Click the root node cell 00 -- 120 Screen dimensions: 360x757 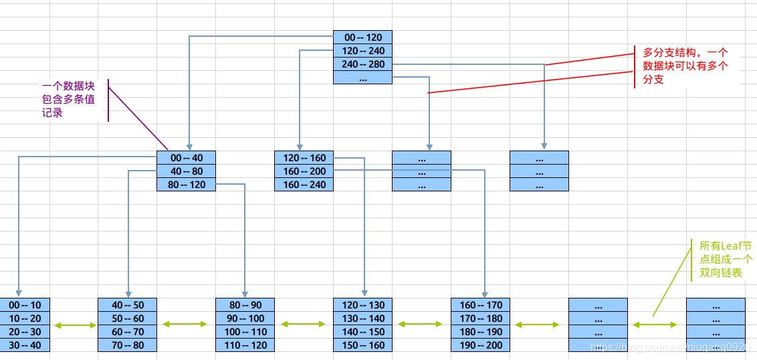pos(362,37)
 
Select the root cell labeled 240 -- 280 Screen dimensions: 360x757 pos(362,64)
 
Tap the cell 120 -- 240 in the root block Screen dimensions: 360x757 pos(362,51)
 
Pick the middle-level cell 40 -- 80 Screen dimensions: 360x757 pos(186,171)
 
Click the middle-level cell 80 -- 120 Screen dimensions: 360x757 pos(186,185)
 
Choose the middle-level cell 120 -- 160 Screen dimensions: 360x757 pos(304,158)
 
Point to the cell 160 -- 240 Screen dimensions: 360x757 pos(304,185)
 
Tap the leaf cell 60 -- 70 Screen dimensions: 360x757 pos(127,332)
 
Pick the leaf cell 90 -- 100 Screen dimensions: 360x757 pos(245,319)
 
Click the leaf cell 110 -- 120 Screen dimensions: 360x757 pos(245,345)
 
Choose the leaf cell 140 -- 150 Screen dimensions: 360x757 pos(362,332)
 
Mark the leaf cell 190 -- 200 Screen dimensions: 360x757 pos(480,345)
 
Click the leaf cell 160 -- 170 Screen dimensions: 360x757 pos(480,305)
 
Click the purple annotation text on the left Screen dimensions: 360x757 pos(68,100)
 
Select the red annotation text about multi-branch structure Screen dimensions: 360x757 pos(684,66)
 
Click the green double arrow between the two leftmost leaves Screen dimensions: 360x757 pos(75,325)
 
